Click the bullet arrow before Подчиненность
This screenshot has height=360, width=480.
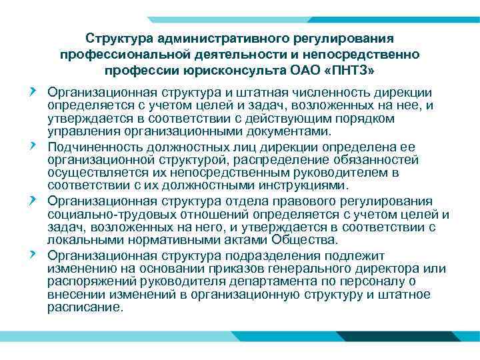click(33, 145)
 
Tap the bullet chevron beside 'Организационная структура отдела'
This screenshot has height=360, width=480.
click(33, 199)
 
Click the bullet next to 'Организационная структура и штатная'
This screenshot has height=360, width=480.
click(33, 91)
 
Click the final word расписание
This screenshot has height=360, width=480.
click(85, 307)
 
